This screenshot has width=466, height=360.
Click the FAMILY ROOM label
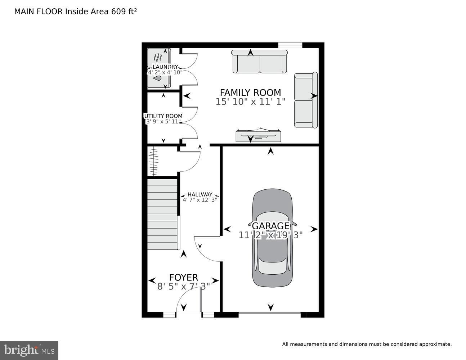point(250,93)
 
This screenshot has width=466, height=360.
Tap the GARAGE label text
point(270,226)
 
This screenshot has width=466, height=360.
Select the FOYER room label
point(183,278)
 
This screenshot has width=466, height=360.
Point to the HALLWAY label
point(200,194)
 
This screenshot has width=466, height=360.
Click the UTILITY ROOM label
point(163,116)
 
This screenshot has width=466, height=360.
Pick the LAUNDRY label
point(165,67)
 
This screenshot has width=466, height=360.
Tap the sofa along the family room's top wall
point(259,62)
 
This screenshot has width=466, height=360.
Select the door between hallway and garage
point(207,248)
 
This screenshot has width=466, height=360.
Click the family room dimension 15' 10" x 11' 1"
point(250,102)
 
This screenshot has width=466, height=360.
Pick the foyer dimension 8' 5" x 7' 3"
point(183,287)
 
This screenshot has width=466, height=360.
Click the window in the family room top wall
point(290,45)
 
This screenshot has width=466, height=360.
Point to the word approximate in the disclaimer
point(435,344)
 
